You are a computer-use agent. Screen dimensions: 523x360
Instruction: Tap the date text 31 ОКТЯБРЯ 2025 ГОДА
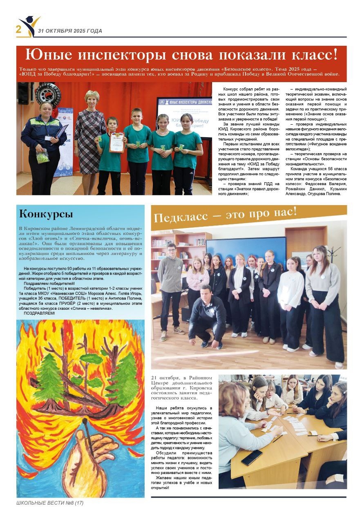tap(70, 31)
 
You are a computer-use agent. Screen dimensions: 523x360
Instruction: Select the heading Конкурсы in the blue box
tap(46, 214)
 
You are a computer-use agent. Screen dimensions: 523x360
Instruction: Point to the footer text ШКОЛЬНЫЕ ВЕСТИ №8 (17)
tap(50, 503)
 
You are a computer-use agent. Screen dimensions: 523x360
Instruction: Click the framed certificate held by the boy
tap(116, 142)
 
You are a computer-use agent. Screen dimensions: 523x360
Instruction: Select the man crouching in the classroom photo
tap(207, 315)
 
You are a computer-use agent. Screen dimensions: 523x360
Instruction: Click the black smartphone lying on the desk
tap(251, 458)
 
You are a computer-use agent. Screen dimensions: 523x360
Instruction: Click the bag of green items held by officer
tap(43, 157)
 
